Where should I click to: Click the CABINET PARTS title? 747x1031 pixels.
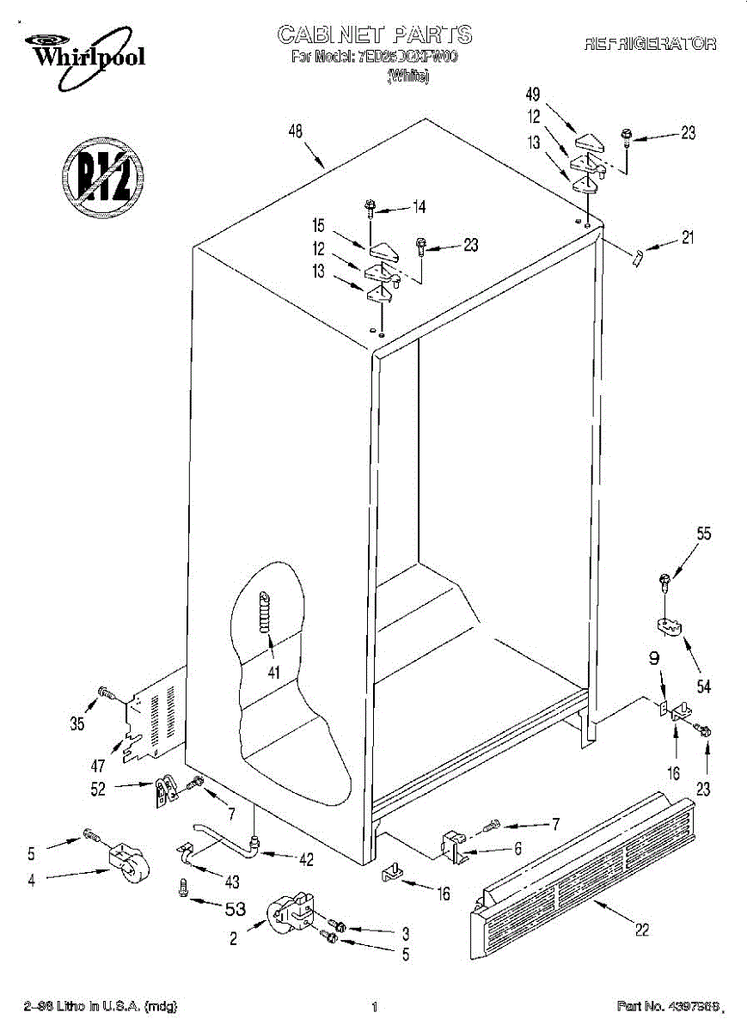click(374, 34)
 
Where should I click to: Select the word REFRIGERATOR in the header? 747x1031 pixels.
click(650, 45)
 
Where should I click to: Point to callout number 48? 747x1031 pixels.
click(296, 132)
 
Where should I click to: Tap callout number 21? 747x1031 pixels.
click(687, 239)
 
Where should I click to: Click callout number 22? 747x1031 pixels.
click(641, 930)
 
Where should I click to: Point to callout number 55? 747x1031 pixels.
click(703, 534)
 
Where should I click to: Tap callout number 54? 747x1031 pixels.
click(704, 686)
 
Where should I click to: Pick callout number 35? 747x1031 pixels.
click(77, 724)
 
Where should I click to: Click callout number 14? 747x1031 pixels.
click(419, 206)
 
